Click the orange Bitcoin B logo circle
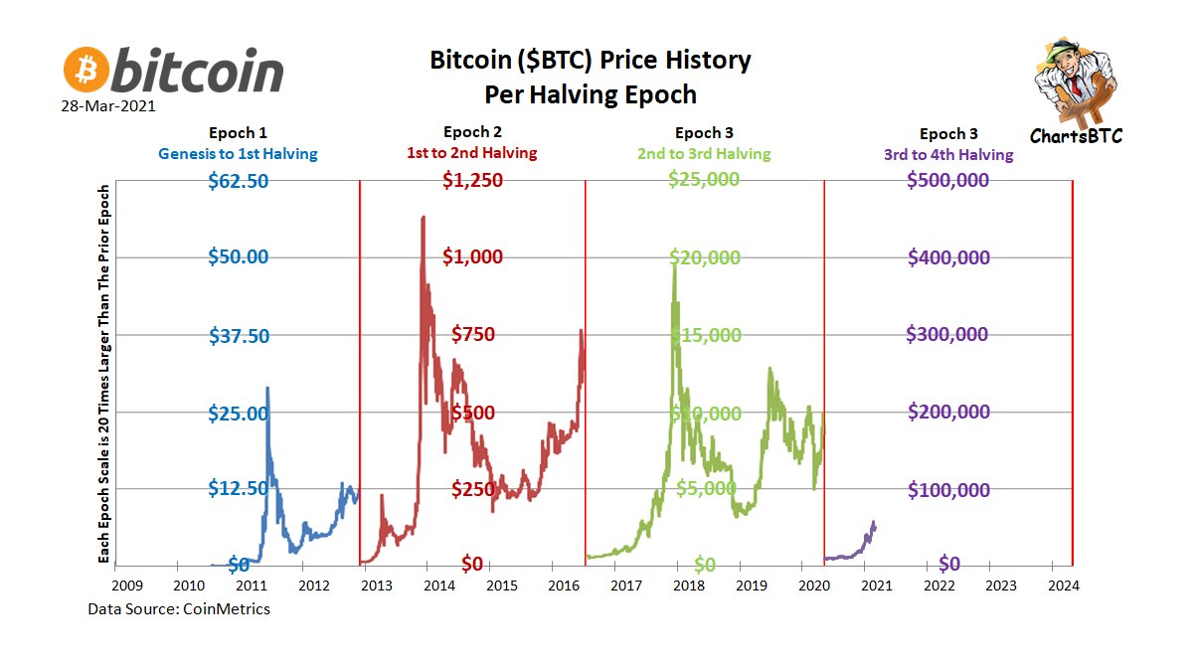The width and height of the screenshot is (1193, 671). point(86,71)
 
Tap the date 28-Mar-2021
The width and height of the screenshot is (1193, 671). point(108,104)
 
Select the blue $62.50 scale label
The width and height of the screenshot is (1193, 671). point(239,181)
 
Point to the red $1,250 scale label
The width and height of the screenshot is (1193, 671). point(473,181)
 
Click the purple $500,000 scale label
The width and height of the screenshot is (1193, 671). point(948,181)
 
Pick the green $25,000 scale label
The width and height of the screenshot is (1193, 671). point(704,180)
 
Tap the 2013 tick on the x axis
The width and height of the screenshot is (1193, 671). point(376,587)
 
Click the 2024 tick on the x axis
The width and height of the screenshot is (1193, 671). point(1064,587)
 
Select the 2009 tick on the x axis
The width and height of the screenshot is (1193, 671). point(126,587)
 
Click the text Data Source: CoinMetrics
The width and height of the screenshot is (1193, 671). point(179,608)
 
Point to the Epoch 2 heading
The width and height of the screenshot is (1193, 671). point(473,132)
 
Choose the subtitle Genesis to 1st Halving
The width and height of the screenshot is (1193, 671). point(238,154)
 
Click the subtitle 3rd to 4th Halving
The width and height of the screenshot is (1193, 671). point(948,154)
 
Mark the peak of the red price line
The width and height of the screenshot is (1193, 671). point(424,217)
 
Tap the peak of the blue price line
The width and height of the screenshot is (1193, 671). point(267,388)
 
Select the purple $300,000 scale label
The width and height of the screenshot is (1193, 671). point(947,335)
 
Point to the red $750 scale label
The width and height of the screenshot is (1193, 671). point(473,335)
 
